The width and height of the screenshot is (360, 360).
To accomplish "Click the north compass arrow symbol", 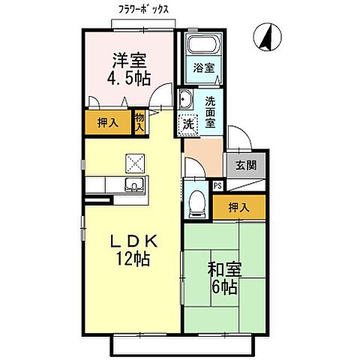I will click(x=264, y=35).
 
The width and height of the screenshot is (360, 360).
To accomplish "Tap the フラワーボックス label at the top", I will click(x=142, y=10).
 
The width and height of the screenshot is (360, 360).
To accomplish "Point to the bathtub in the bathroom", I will click(x=201, y=46).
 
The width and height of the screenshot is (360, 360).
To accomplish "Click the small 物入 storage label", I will click(x=139, y=121).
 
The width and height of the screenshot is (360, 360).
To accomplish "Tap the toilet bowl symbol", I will click(x=196, y=201).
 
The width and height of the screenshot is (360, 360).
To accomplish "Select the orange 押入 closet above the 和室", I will click(x=238, y=206).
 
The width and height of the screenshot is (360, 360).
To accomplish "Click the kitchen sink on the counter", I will click(x=136, y=186).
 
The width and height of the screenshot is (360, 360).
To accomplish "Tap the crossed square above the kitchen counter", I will click(x=134, y=161).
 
